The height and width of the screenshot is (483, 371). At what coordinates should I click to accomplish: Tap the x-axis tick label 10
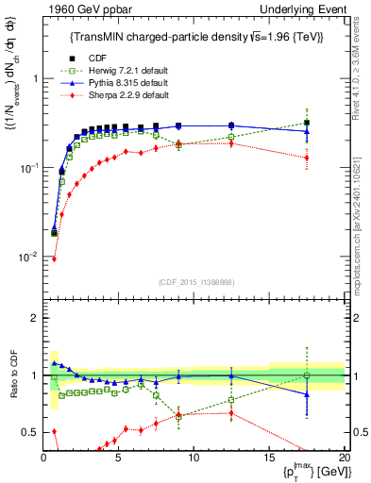tap(194, 458)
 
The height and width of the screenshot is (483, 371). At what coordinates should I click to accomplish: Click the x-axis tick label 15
tap(268, 458)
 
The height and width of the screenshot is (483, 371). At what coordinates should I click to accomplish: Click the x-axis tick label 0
tap(43, 458)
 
